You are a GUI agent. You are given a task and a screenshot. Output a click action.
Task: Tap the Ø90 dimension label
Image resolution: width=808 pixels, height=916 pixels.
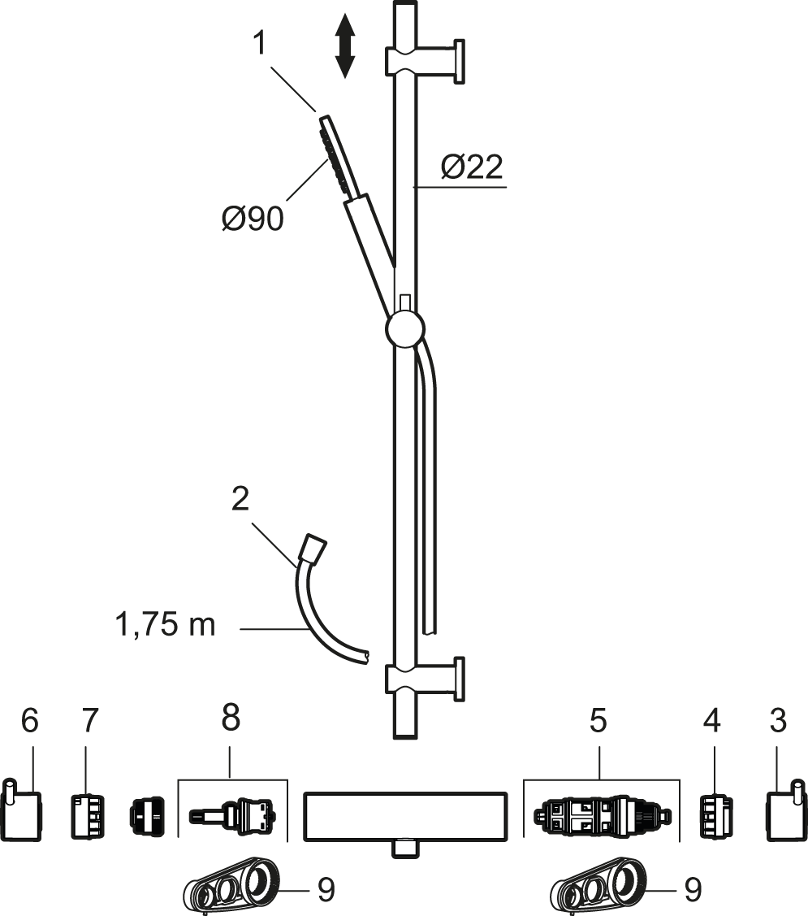click(x=253, y=219)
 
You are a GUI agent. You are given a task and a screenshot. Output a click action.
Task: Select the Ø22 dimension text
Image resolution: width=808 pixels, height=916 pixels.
click(x=472, y=167)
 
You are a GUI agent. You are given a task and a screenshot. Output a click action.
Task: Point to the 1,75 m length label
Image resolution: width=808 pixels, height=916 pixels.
click(x=165, y=625)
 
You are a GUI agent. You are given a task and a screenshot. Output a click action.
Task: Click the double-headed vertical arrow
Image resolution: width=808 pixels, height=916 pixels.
click(x=345, y=46)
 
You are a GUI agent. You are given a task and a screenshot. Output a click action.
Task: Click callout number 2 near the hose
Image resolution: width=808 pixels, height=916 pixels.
click(x=240, y=500)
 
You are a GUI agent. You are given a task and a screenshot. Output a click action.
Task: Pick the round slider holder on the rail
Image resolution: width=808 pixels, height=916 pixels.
click(x=404, y=331)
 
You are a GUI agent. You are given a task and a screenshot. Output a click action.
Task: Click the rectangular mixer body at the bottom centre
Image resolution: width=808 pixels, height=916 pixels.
click(x=404, y=817)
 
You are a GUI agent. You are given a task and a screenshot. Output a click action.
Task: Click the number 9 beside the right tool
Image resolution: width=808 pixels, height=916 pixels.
click(x=692, y=890)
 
